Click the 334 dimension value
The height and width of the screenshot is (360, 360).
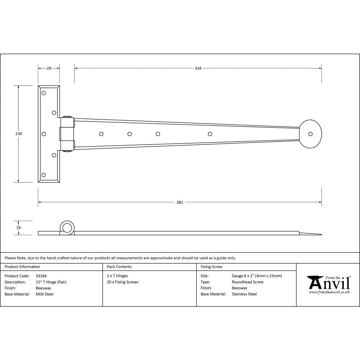click(198, 68)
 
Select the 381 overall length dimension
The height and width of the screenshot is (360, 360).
click(180, 202)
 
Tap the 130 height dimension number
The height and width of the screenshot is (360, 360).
click(19, 134)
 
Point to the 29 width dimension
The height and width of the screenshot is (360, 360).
click(49, 68)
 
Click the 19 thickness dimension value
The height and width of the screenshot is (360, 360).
click(19, 228)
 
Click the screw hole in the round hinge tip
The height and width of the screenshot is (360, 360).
click(310, 134)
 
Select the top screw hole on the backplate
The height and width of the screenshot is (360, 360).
click(44, 93)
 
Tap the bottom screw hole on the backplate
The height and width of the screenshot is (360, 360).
click(44, 175)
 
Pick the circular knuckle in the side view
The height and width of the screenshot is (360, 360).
click(67, 227)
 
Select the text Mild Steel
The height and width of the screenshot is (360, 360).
click(44, 294)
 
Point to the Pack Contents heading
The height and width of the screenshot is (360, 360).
click(119, 267)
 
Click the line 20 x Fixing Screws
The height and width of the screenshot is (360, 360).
click(122, 282)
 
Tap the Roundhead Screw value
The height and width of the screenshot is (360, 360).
click(247, 282)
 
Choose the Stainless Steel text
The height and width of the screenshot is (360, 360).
click(244, 294)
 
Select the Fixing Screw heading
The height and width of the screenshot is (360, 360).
click(211, 267)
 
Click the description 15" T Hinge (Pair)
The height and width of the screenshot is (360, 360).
click(51, 282)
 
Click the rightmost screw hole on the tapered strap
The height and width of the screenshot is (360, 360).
click(210, 134)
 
